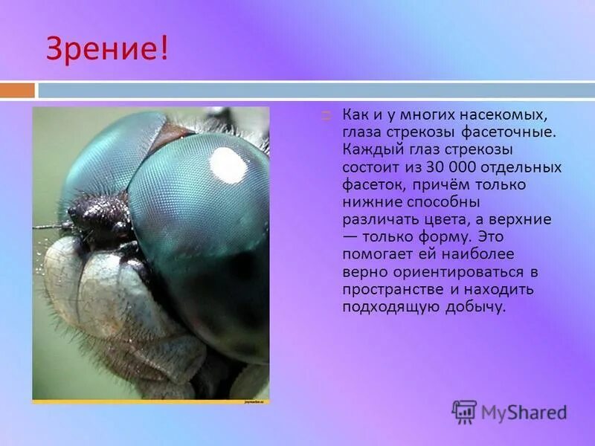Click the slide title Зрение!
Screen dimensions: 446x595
click(108, 49)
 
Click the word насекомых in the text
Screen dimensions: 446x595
click(514, 116)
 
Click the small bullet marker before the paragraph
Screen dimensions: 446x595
click(326, 116)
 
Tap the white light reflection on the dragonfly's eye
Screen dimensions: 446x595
click(228, 164)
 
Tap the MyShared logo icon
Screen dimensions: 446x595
click(464, 412)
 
